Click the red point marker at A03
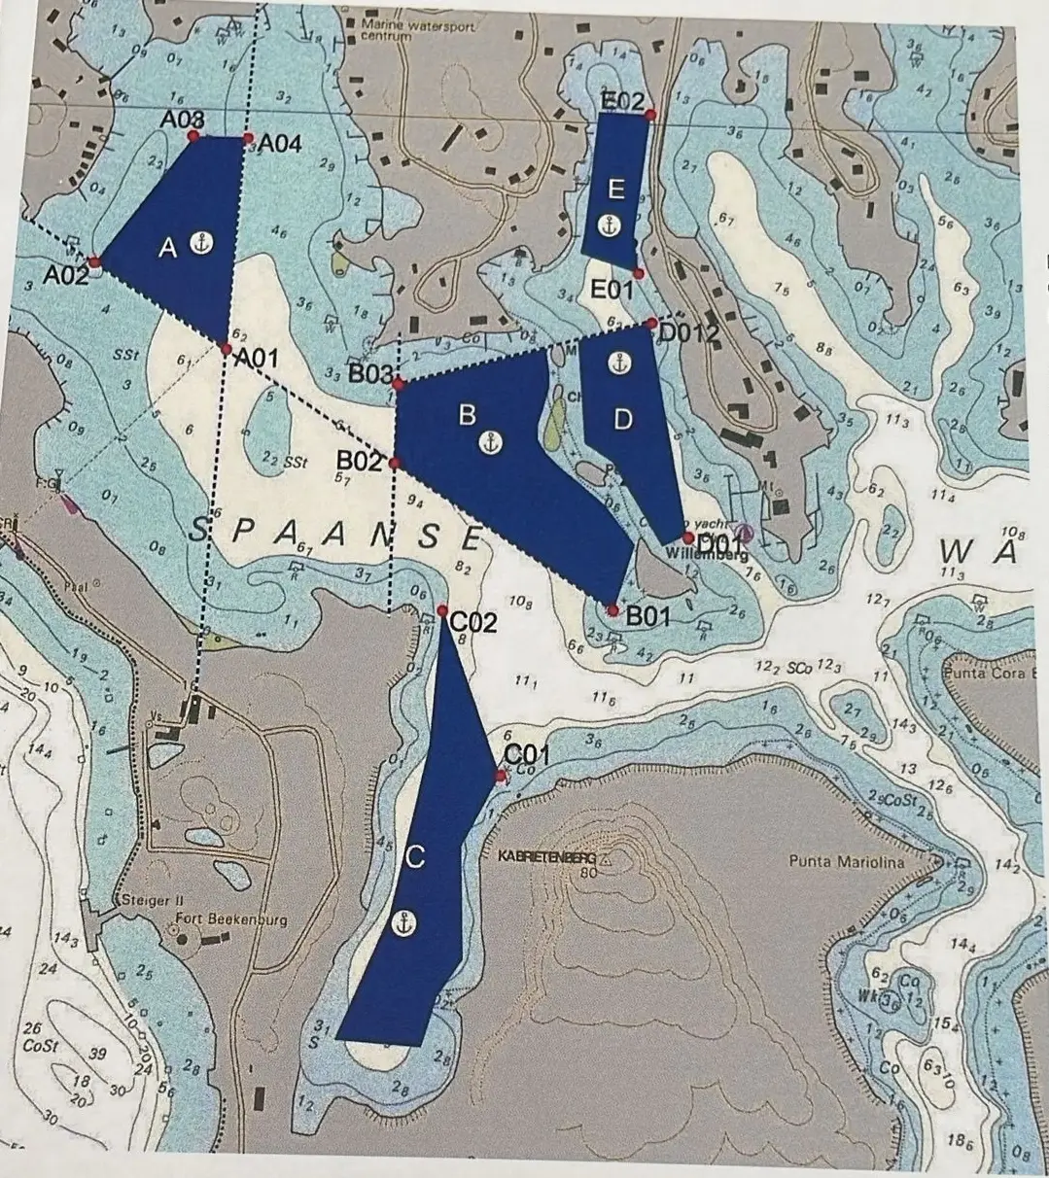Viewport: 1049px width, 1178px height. [x=193, y=136]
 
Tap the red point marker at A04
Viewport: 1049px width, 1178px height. [x=247, y=137]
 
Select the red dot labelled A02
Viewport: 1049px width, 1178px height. [x=94, y=262]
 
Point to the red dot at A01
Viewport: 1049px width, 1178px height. [x=226, y=349]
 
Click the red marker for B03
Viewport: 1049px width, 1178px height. [x=398, y=385]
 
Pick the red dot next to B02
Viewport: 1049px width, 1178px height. [x=394, y=464]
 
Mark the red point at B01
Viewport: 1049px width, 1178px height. [x=612, y=610]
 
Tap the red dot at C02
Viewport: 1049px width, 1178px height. [x=442, y=611]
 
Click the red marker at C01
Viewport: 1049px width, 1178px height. [x=501, y=775]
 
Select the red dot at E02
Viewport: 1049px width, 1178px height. [x=649, y=115]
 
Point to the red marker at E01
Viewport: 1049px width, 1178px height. [x=638, y=273]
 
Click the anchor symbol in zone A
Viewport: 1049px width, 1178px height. [x=202, y=243]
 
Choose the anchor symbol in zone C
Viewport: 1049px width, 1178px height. [x=403, y=924]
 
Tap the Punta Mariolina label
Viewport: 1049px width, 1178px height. [x=847, y=861]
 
